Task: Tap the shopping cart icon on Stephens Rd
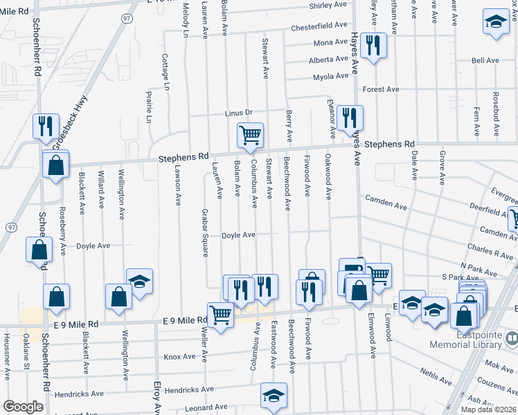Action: point(249,136)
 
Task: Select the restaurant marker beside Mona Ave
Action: point(373,46)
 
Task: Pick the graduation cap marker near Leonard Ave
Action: point(274,396)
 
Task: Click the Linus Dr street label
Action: point(239,113)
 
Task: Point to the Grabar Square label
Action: point(205,232)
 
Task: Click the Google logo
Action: point(23,407)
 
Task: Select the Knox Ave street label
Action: point(179,357)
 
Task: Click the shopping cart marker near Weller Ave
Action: point(220,315)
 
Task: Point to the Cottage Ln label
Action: point(166,72)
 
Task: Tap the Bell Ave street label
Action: point(485,61)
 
